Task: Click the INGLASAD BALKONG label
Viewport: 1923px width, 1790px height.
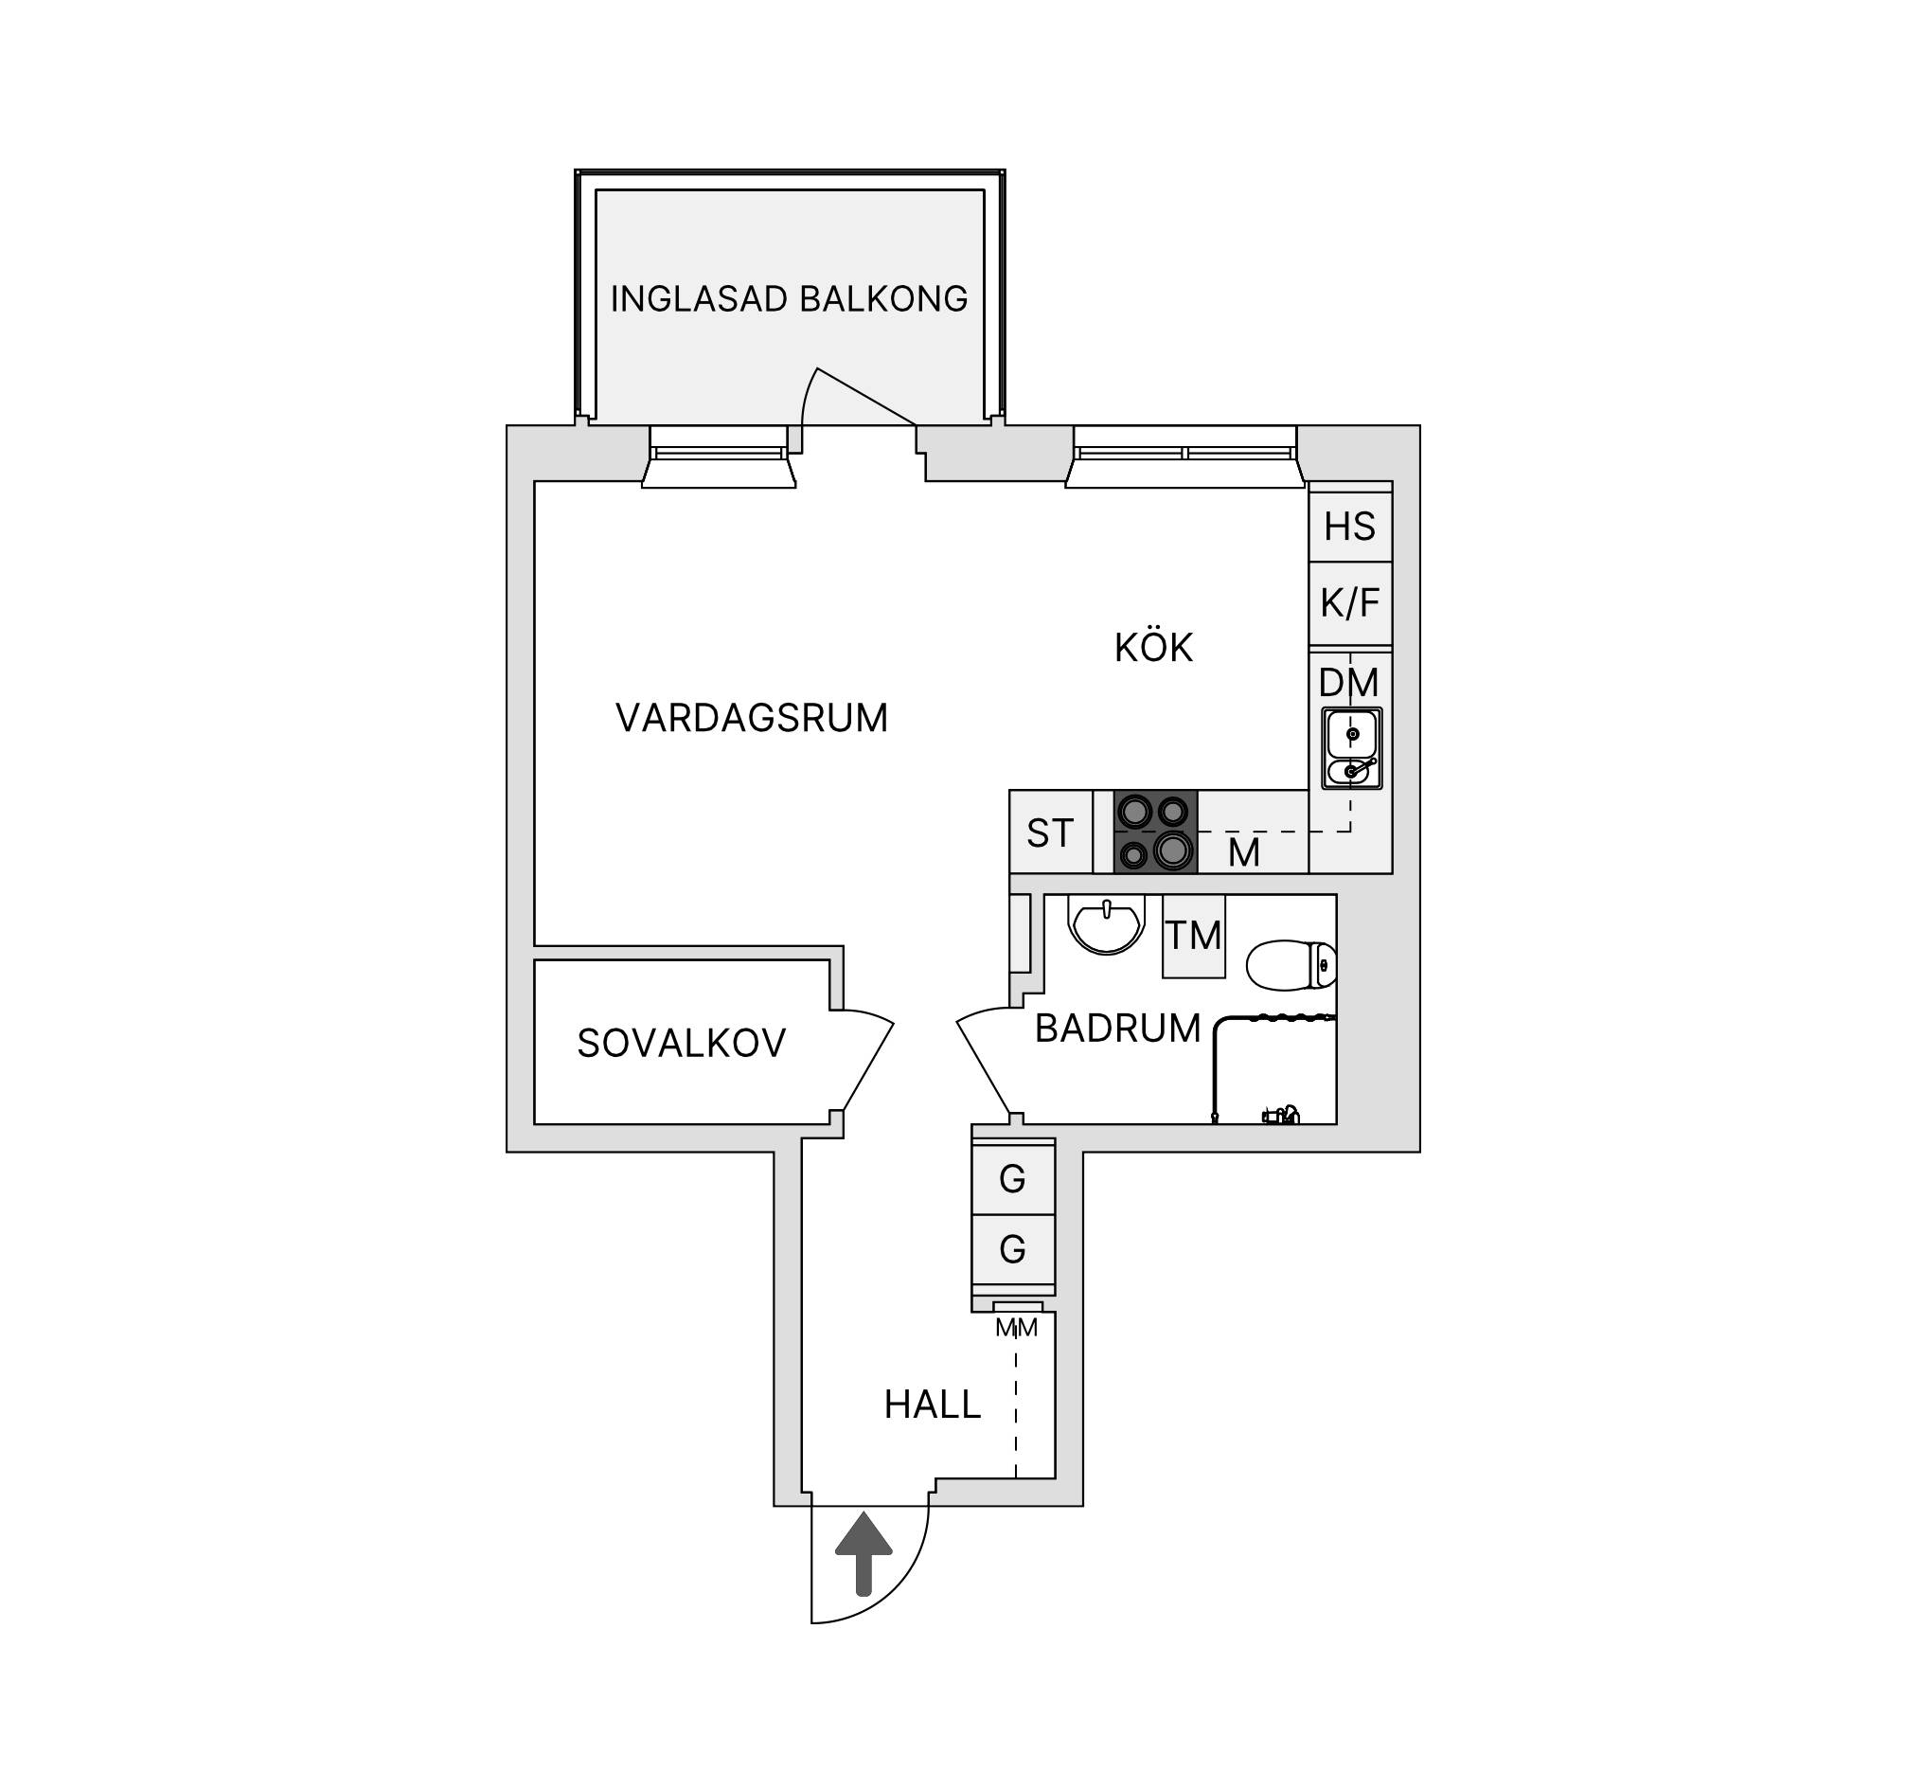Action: click(x=789, y=299)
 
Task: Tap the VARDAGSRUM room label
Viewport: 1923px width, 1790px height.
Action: click(x=752, y=718)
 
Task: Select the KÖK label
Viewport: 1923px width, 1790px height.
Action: click(x=1153, y=646)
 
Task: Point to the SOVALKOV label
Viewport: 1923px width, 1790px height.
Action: click(x=681, y=1043)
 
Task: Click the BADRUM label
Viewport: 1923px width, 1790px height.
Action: click(x=1117, y=1029)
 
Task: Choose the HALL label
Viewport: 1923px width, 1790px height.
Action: click(x=933, y=1405)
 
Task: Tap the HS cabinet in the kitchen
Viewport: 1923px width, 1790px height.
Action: click(x=1350, y=527)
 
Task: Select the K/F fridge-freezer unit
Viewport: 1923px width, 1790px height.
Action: click(x=1350, y=603)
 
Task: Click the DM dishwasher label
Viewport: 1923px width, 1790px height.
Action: click(x=1348, y=683)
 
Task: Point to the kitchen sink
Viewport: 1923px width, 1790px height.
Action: click(x=1351, y=748)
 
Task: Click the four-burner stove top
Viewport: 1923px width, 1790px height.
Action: click(x=1155, y=832)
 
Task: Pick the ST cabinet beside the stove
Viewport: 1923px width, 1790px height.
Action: click(x=1050, y=832)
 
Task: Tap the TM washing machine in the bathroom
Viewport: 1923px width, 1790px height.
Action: click(x=1194, y=936)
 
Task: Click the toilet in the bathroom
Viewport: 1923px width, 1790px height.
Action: click(x=1291, y=966)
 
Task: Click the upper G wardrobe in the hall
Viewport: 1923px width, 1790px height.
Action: click(x=1013, y=1178)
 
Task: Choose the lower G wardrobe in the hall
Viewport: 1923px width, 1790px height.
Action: click(x=1013, y=1250)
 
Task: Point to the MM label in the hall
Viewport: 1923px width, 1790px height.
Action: click(x=1017, y=1329)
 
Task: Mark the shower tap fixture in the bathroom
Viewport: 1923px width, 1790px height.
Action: click(x=1280, y=1114)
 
